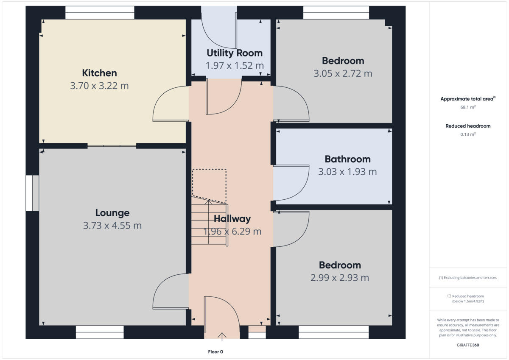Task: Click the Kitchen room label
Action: pyautogui.click(x=99, y=73)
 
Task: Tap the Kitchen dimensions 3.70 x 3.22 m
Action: pyautogui.click(x=99, y=86)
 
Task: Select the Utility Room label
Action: pyautogui.click(x=235, y=53)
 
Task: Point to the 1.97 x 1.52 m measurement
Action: pyautogui.click(x=235, y=66)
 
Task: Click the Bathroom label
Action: pyautogui.click(x=347, y=159)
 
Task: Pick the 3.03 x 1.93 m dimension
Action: pyautogui.click(x=347, y=172)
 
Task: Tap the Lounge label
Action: pyautogui.click(x=112, y=213)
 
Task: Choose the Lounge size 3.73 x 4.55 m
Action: pyautogui.click(x=112, y=226)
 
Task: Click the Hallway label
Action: pyautogui.click(x=232, y=219)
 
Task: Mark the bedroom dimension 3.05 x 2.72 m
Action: pyautogui.click(x=343, y=73)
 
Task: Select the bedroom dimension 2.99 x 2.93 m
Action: pyautogui.click(x=340, y=278)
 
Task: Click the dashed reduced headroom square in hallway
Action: pyautogui.click(x=209, y=182)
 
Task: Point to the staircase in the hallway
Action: pyautogui.click(x=209, y=224)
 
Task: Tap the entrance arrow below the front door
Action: pyautogui.click(x=221, y=337)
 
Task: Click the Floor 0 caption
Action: pyautogui.click(x=215, y=352)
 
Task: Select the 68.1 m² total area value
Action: pyautogui.click(x=468, y=107)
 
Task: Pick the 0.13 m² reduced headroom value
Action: pyautogui.click(x=468, y=134)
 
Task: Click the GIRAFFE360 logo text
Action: pyautogui.click(x=468, y=345)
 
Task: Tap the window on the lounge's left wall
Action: pyautogui.click(x=32, y=193)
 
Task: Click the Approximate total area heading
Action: pyautogui.click(x=467, y=99)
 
